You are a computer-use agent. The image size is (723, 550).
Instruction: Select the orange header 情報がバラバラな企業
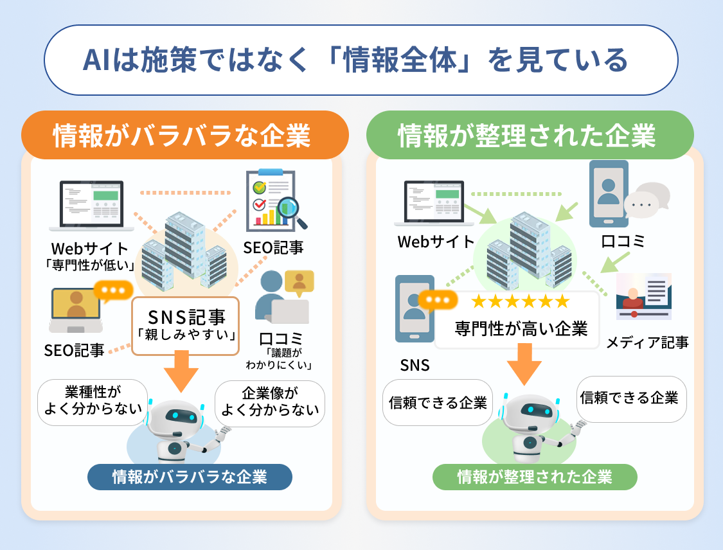point(182,136)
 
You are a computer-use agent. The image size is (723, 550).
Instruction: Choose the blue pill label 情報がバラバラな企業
point(190,477)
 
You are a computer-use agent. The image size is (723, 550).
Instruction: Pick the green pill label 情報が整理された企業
point(535,477)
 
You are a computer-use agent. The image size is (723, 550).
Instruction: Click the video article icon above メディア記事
point(643,296)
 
